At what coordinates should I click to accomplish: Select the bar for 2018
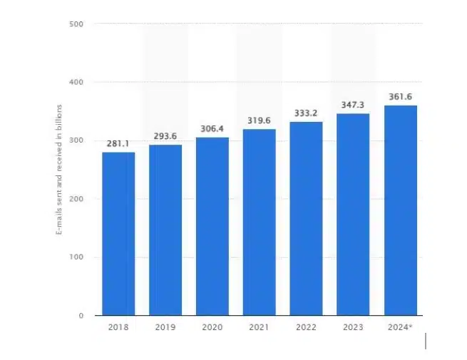coord(118,234)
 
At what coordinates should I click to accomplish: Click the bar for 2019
coord(165,230)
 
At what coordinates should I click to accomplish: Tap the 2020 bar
coord(212,226)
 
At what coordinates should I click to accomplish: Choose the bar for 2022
coord(306,218)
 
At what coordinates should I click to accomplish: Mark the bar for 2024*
coord(400,210)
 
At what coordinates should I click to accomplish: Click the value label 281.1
coord(118,144)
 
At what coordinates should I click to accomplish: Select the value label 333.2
coord(306,113)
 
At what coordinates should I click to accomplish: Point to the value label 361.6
coord(400,97)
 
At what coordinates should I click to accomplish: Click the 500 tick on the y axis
coord(77,24)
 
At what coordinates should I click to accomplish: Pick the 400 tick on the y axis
coord(77,83)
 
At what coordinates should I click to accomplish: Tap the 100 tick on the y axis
coord(77,257)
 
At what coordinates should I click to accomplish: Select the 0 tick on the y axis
coord(81,316)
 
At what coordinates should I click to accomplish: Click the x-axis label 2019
coord(165,327)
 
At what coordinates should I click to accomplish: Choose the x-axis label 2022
coord(306,327)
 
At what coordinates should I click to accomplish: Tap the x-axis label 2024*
coord(401,327)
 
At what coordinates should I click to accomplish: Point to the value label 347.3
coord(353,105)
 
